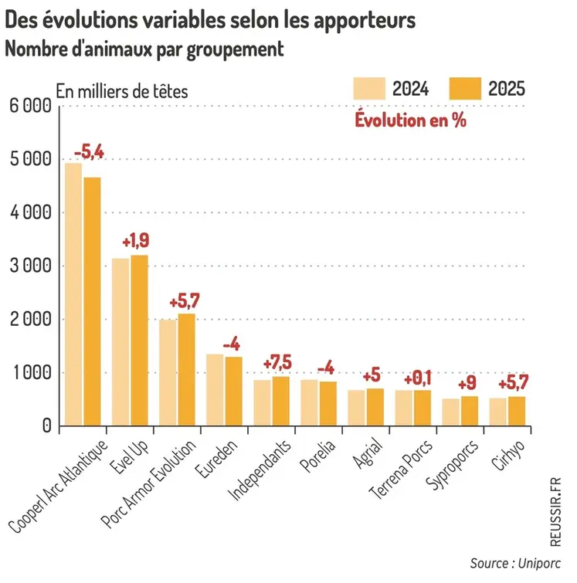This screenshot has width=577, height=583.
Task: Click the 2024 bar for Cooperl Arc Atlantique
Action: [x=73, y=293]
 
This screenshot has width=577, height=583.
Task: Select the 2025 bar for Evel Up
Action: [x=139, y=340]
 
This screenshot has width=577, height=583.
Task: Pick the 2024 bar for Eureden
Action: [x=215, y=389]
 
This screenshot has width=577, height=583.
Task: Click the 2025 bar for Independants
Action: [x=281, y=401]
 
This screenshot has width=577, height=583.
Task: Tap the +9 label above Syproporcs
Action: [x=468, y=383]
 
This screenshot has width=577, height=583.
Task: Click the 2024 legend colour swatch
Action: [x=368, y=88]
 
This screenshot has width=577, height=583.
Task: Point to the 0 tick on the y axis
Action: [x=46, y=426]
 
